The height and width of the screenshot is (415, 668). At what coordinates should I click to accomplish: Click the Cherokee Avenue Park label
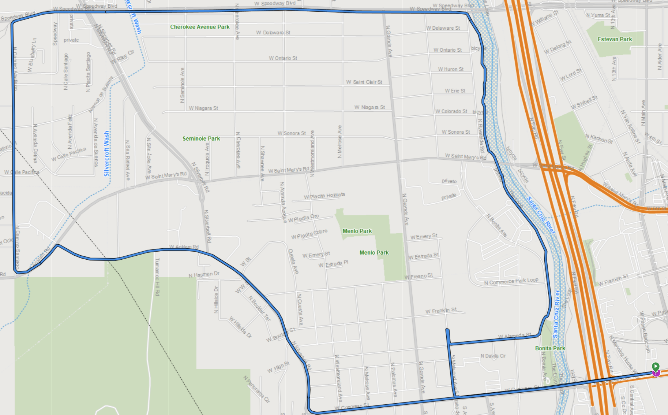tap(200, 27)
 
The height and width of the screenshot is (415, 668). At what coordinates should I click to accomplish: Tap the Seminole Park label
tap(201, 138)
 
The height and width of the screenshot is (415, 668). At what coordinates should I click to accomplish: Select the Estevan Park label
tap(615, 39)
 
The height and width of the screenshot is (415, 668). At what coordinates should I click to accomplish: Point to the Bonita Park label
tap(550, 348)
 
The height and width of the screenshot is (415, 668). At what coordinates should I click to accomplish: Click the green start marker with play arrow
tap(656, 366)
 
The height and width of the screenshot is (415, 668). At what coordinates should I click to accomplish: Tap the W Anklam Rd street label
tap(184, 247)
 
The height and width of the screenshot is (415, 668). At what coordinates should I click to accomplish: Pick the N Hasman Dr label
tap(204, 274)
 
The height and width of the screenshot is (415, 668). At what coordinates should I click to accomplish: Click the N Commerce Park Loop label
tap(511, 281)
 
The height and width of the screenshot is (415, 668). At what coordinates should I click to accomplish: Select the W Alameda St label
tap(514, 336)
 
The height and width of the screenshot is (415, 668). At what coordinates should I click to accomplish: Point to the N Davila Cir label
tap(493, 356)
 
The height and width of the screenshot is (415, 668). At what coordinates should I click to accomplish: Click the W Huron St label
tap(451, 69)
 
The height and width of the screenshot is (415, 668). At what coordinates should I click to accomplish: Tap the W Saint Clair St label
tap(364, 82)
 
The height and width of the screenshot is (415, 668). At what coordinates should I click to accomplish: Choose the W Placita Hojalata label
tap(324, 196)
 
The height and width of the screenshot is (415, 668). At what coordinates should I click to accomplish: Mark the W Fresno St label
tap(419, 276)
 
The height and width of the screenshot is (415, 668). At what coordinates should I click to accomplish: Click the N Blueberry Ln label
tap(32, 55)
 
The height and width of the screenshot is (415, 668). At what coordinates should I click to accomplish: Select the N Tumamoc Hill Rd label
tap(157, 277)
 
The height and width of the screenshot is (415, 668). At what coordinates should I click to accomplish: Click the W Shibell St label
tap(584, 102)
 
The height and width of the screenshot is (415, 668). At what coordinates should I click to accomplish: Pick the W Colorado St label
tap(451, 111)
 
